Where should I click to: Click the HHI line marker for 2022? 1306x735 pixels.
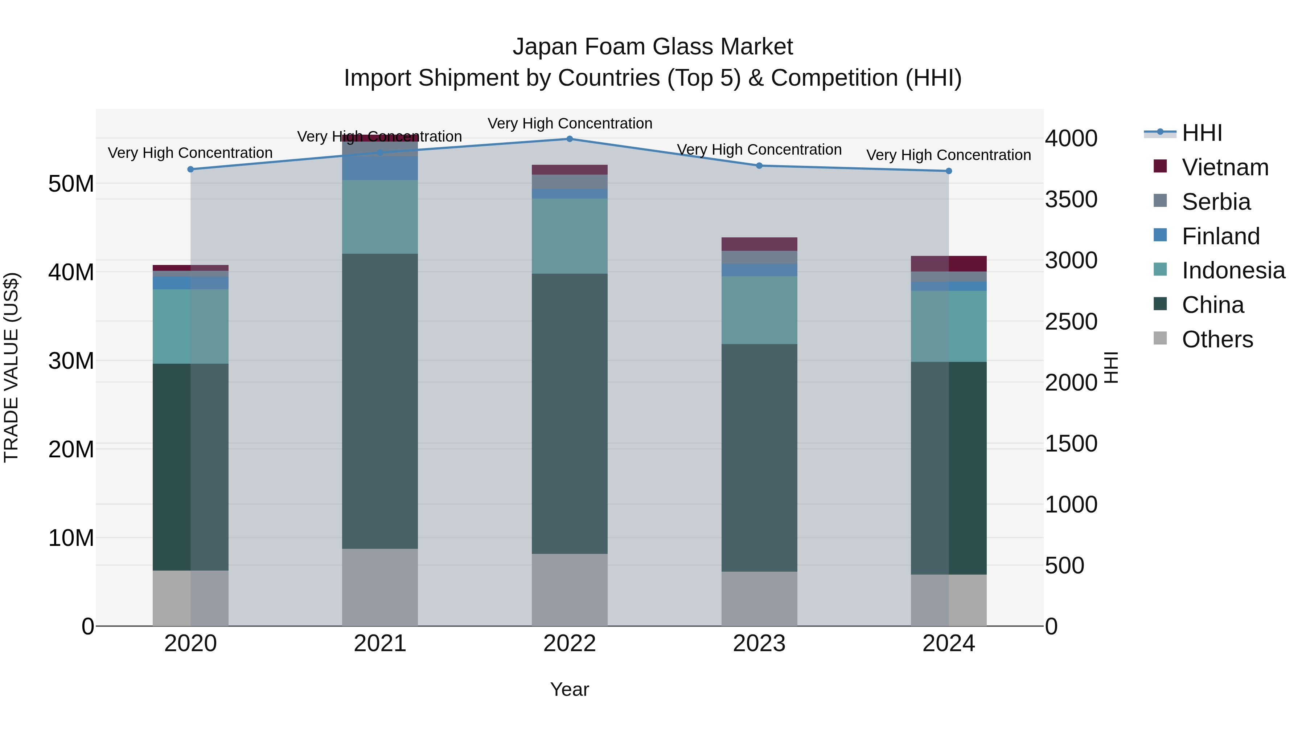coord(569,139)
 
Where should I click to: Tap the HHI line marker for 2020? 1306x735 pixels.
coord(190,170)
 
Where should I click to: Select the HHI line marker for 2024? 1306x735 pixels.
coord(949,171)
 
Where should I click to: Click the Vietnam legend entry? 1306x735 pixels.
coord(1225,167)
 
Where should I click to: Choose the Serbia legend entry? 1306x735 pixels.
coord(1216,202)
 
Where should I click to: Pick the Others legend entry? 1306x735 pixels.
coord(1217,339)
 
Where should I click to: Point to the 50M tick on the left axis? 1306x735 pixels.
coord(71,184)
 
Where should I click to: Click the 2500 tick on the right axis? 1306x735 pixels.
coord(1071,322)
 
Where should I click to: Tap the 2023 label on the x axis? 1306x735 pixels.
coord(759,644)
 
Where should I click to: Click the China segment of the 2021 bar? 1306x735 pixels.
coord(380,401)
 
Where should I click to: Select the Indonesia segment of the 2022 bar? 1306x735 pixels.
coord(569,236)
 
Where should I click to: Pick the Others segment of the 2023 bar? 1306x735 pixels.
coord(759,599)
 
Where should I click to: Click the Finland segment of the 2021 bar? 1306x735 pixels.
coord(380,168)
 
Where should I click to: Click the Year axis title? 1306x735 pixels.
coord(569,689)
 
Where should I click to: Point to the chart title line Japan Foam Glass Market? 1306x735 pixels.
coord(653,47)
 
